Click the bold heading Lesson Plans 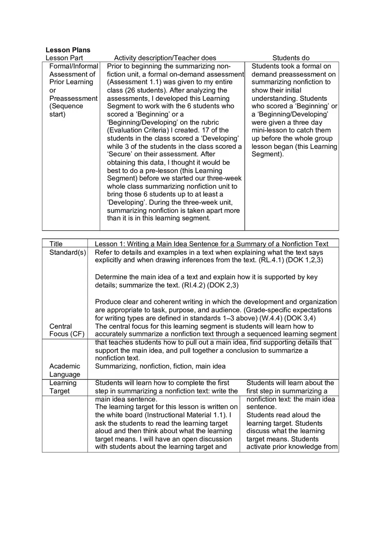(68, 50)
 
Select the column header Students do (291, 58)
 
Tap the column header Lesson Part (64, 58)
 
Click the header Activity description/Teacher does (165, 58)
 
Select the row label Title (56, 244)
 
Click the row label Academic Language (65, 370)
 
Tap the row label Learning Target (63, 387)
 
